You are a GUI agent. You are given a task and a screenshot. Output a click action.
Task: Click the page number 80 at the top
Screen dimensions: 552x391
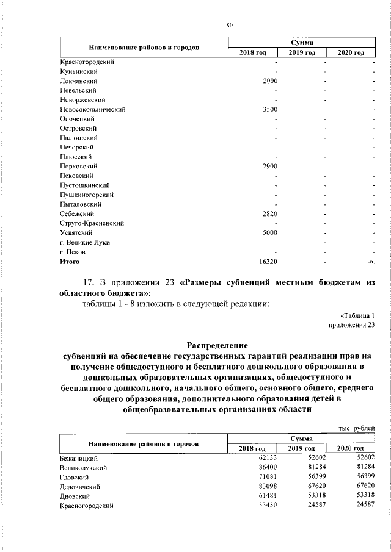[229, 25]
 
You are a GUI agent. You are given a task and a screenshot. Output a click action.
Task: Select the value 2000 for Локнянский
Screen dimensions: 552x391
[270, 81]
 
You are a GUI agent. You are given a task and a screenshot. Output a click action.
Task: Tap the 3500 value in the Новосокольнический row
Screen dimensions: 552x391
[270, 109]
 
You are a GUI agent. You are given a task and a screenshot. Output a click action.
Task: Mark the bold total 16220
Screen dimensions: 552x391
[268, 261]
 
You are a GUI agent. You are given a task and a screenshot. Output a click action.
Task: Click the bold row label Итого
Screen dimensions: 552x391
[70, 261]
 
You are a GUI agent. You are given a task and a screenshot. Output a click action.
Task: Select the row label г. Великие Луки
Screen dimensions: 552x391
[85, 242]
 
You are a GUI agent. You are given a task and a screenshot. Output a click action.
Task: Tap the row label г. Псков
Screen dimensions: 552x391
[73, 251]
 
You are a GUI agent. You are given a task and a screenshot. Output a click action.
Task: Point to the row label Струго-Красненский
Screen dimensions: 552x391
[92, 223]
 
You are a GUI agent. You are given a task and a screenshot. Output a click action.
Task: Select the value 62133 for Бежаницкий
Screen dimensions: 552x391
[268, 457]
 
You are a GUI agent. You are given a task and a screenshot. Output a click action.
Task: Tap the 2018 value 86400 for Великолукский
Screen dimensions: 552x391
[268, 467]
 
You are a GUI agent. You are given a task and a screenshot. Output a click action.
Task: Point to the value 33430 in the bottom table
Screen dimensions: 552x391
[268, 506]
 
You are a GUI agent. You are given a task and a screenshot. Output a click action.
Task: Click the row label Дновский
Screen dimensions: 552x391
[76, 496]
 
